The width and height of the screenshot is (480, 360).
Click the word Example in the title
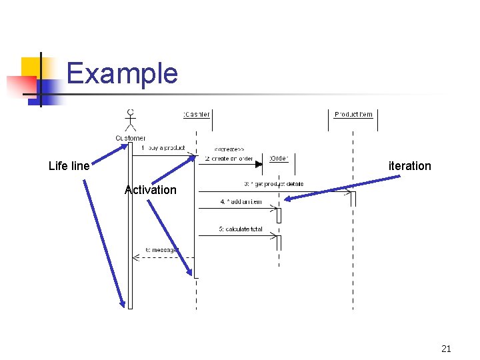(122, 73)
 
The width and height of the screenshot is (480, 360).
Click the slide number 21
(446, 349)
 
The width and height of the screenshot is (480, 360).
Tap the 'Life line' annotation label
(69, 166)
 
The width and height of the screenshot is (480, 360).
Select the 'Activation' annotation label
(151, 190)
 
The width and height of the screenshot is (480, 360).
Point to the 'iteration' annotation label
(410, 166)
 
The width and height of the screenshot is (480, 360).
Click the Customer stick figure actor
(130, 121)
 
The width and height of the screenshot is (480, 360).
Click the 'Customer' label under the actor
(131, 138)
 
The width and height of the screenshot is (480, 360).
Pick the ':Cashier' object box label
(196, 115)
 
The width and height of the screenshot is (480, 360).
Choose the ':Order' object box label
(279, 158)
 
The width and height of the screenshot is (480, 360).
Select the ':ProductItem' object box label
(353, 115)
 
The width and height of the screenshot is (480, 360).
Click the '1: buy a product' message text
(163, 148)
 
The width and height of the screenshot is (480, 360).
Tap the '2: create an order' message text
(228, 159)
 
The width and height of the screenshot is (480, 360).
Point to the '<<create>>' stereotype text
(229, 148)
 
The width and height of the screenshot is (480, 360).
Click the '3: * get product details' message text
(273, 184)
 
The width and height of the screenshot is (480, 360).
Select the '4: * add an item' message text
(241, 202)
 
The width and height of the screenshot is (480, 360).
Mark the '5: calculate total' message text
(240, 229)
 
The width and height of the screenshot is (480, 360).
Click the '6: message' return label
(161, 250)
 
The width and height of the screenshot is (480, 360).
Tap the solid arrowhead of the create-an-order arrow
(259, 164)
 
